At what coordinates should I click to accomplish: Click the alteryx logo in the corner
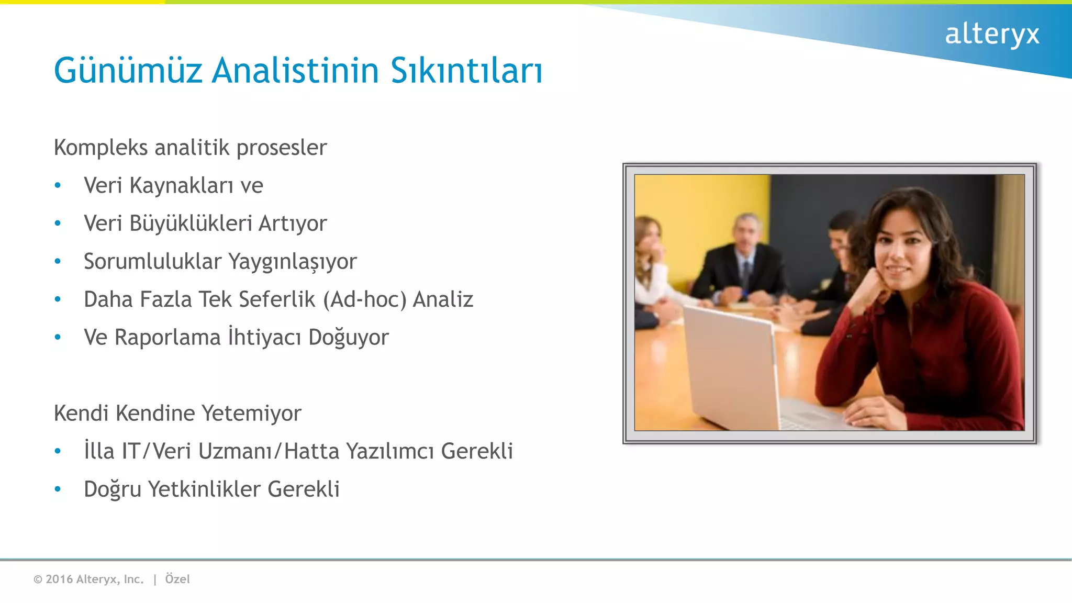(991, 35)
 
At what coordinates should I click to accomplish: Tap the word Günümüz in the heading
(128, 71)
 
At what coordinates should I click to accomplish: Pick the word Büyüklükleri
(191, 224)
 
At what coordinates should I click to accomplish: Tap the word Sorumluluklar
(152, 262)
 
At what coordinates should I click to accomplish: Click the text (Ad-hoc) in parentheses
(365, 300)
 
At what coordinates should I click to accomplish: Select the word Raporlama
(167, 338)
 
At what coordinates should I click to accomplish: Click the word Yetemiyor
(251, 414)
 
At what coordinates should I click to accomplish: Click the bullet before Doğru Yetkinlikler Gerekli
(58, 489)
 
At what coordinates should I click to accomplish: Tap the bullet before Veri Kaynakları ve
(58, 186)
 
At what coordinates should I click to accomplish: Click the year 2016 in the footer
(59, 579)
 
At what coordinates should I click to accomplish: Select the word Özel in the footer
(177, 579)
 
